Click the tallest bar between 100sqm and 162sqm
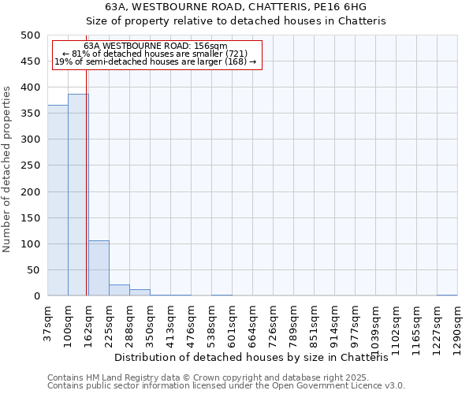pos(78,195)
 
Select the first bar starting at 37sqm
pos(58,201)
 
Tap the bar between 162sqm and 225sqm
pos(99,269)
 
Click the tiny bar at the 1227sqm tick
pos(447,295)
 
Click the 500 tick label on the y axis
pos(31,35)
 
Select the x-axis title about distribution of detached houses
pos(257,358)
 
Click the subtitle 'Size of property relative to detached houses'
pos(236,21)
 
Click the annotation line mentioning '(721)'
pos(155,54)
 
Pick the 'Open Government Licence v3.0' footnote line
pos(226,386)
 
